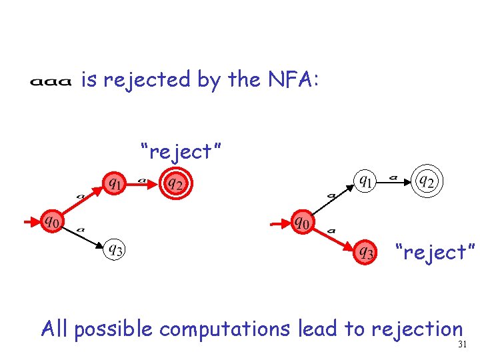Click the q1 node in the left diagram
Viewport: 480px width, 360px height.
click(x=114, y=182)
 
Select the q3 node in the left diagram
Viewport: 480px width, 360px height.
click(x=115, y=249)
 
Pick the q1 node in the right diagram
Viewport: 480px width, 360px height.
click(x=365, y=180)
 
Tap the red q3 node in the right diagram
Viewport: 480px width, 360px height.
click(x=365, y=252)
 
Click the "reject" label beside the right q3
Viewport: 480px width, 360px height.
click(x=435, y=253)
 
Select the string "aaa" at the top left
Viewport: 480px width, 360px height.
click(x=50, y=82)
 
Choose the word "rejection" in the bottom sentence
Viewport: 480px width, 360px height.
click(x=417, y=329)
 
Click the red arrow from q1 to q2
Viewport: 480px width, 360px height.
click(x=142, y=186)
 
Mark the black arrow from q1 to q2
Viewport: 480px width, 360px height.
click(x=395, y=181)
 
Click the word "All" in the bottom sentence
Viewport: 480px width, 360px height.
click(x=55, y=329)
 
